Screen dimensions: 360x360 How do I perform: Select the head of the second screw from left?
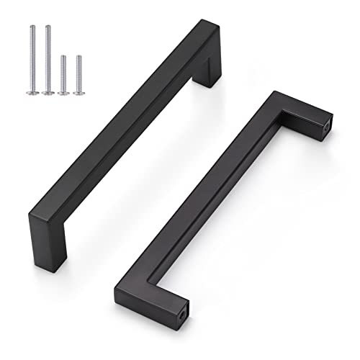click(49, 91)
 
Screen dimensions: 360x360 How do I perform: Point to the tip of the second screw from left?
click(48, 26)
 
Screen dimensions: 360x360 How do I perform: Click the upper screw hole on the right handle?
click(332, 125)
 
